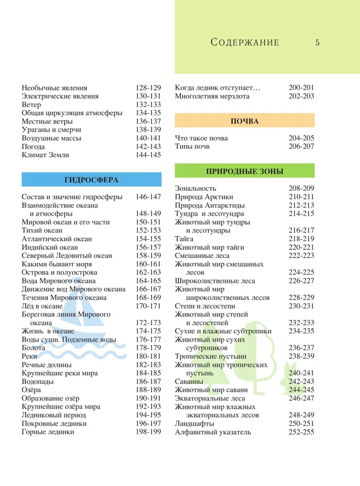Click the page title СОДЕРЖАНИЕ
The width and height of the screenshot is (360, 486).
[x=245, y=42]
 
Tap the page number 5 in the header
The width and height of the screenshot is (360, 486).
[x=317, y=42]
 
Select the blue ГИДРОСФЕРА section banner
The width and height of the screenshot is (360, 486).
[x=91, y=179]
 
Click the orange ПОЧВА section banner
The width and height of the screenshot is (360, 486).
[x=244, y=121]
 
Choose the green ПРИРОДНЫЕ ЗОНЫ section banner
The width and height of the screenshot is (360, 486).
[x=244, y=171]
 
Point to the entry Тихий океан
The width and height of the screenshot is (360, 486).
[x=43, y=230]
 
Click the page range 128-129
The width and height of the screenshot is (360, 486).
[x=148, y=88]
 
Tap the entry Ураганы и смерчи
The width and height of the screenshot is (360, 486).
[x=51, y=130]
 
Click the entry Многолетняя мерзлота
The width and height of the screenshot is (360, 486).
[x=212, y=96]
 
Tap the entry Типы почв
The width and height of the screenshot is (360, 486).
[x=192, y=146]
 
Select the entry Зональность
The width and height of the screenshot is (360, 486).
[x=196, y=188]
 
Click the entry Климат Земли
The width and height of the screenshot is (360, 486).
[x=46, y=155]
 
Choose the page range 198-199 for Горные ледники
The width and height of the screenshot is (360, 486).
[x=148, y=432]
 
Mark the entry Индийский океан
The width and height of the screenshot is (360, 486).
[x=50, y=247]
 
